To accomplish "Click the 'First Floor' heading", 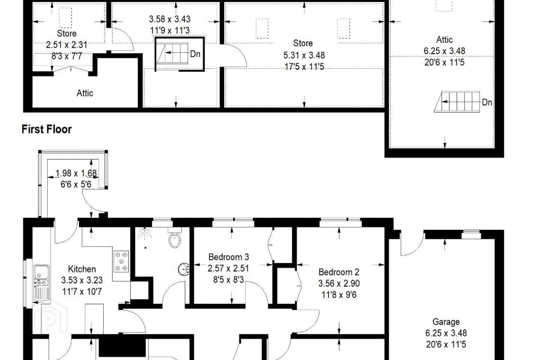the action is tap(46, 129).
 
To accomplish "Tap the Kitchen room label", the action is tap(82, 269).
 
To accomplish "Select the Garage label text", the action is tap(446, 322).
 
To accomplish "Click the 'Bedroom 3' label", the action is tap(228, 257).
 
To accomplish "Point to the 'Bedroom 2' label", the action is tap(339, 272).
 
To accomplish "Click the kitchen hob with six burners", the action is tap(121, 261).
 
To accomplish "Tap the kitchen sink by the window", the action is tap(41, 283).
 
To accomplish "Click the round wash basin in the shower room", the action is tap(184, 269).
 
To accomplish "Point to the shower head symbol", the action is tap(144, 233).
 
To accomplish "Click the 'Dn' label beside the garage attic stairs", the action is tap(487, 102).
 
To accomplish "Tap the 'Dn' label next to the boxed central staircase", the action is tap(195, 54).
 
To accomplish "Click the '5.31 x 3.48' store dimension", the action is tap(304, 55).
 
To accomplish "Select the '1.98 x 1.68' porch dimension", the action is tap(76, 173).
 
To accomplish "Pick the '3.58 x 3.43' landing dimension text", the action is tap(170, 19).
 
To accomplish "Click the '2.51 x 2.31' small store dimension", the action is tap(66, 45).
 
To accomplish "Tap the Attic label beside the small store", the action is tap(85, 93).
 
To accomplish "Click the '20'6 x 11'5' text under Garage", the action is tap(446, 344).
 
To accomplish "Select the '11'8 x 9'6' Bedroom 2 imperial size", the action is tap(339, 295).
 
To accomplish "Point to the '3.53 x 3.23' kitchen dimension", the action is tap(82, 280).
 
